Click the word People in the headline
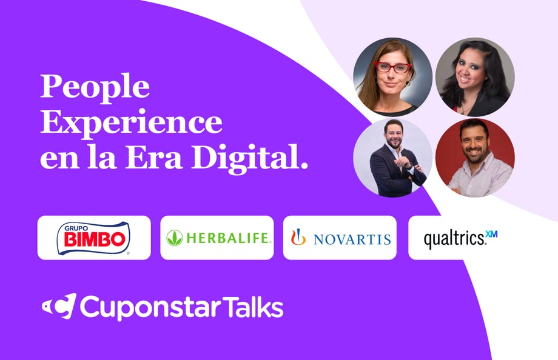tap(95, 88)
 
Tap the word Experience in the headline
tap(131, 123)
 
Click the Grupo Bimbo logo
tap(93, 238)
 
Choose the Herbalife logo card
tap(217, 238)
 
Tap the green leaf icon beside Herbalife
tap(175, 238)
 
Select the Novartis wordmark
tap(352, 239)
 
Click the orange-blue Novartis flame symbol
tap(298, 237)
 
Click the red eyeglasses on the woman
tap(393, 67)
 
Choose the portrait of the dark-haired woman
tap(475, 77)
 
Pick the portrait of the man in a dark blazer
tap(393, 158)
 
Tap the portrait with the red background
tap(475, 158)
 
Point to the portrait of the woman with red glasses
tap(393, 77)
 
